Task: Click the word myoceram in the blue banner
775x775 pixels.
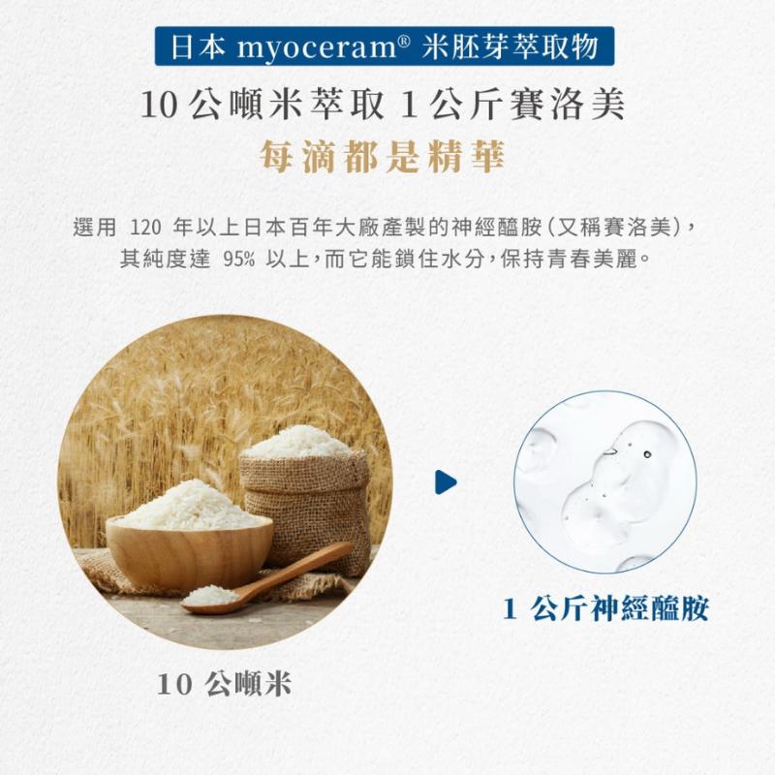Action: click(x=317, y=47)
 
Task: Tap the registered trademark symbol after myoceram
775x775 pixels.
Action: click(x=403, y=41)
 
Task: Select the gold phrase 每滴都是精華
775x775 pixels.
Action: click(x=382, y=157)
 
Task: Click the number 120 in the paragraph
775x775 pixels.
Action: click(x=146, y=228)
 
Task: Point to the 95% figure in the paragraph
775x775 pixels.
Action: click(x=239, y=259)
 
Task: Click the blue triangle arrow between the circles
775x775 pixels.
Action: click(x=446, y=481)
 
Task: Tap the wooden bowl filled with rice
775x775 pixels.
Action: click(x=189, y=537)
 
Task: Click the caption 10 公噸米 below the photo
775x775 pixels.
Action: click(x=225, y=685)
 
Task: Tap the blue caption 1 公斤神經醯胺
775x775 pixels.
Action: click(x=605, y=608)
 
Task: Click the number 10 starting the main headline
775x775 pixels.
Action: click(x=159, y=106)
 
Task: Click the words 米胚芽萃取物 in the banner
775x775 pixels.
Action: click(x=511, y=46)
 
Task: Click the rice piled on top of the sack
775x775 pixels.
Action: click(x=299, y=443)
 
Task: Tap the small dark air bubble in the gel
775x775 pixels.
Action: click(x=647, y=453)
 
